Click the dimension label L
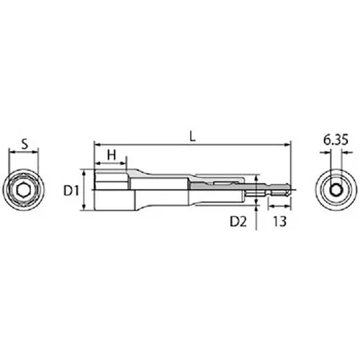(x=190, y=135)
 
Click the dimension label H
(x=112, y=154)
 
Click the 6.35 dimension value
(x=336, y=141)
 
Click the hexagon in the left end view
(x=24, y=189)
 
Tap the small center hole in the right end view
(x=336, y=189)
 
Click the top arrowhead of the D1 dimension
(x=85, y=173)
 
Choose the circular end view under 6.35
(x=336, y=189)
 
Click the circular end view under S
(x=24, y=189)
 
